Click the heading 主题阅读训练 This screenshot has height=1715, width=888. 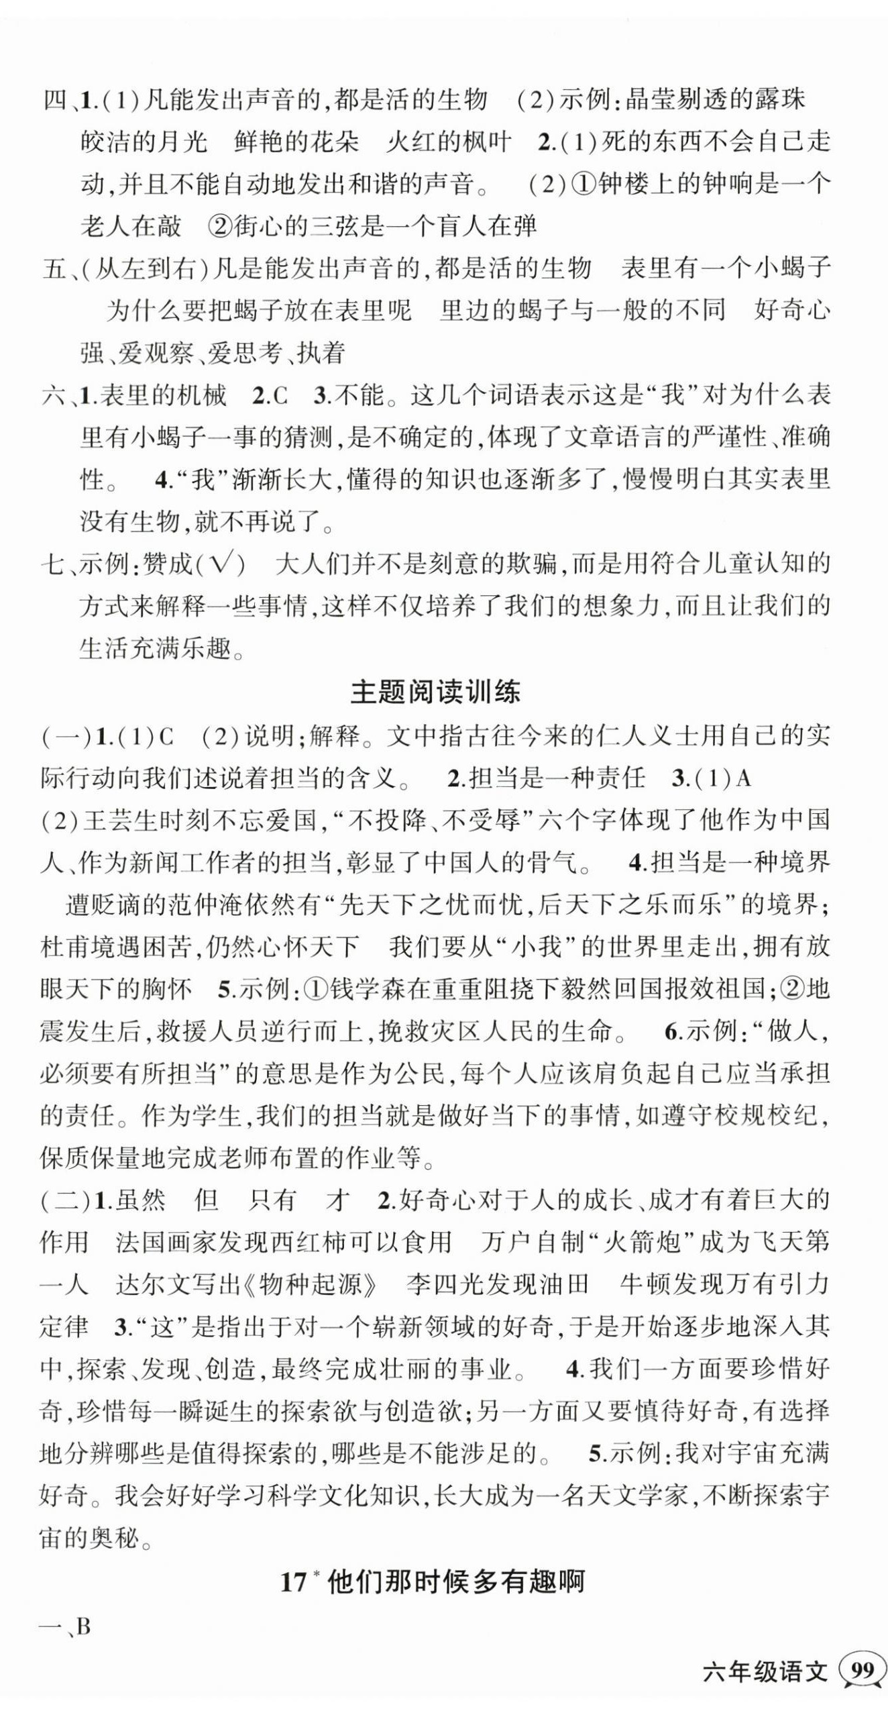pyautogui.click(x=435, y=692)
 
